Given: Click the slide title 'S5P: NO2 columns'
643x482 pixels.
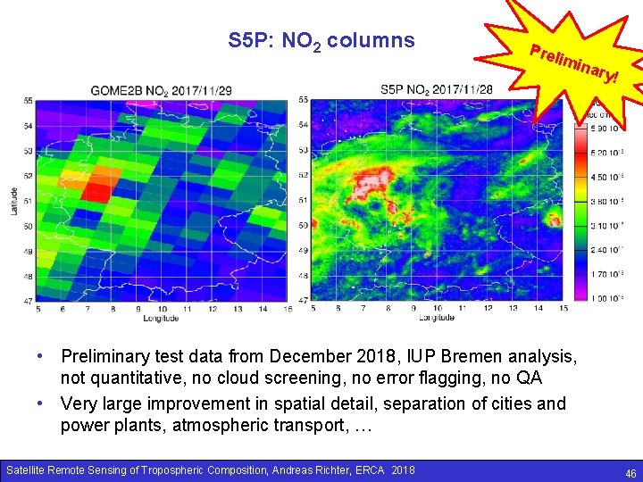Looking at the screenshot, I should point(321,40).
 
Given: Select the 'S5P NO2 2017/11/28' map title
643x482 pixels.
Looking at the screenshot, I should point(436,90).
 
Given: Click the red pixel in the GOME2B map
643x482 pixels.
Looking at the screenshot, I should point(96,189).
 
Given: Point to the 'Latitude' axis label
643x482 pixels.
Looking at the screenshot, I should point(14,200).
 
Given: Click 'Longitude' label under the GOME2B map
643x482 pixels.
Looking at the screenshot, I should point(161,318).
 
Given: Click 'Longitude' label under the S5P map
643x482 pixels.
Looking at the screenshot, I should point(436,318).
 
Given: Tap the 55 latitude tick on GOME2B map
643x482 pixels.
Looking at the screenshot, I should point(29,100).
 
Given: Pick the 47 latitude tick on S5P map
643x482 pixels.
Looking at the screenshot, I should point(304,301).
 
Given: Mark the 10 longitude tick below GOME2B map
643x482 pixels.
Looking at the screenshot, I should point(162,309).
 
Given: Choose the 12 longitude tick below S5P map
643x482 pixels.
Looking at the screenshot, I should point(487,309).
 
